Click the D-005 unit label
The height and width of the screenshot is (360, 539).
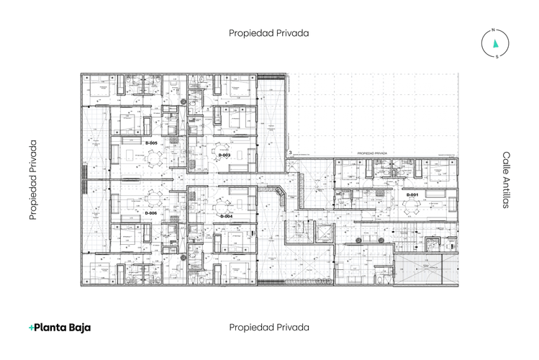click(151, 144)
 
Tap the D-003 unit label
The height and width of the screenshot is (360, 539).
click(225, 155)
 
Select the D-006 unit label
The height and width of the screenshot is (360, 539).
click(151, 213)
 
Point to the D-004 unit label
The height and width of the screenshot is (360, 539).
click(225, 216)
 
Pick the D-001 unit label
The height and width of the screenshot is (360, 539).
click(412, 195)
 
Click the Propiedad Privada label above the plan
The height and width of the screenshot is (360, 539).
click(269, 32)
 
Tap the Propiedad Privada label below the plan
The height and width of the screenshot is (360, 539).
click(269, 327)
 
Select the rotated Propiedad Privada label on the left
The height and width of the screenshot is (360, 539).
click(32, 180)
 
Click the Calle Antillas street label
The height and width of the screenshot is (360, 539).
click(506, 180)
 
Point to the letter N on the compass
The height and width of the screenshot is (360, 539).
click(494, 30)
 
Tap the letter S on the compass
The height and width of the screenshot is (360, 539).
click(496, 57)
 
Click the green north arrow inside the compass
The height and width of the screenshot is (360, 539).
click(495, 44)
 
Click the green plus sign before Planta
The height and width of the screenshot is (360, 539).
click(32, 328)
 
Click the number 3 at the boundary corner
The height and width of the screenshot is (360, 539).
click(289, 153)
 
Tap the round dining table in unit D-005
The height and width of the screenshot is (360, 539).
click(152, 155)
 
